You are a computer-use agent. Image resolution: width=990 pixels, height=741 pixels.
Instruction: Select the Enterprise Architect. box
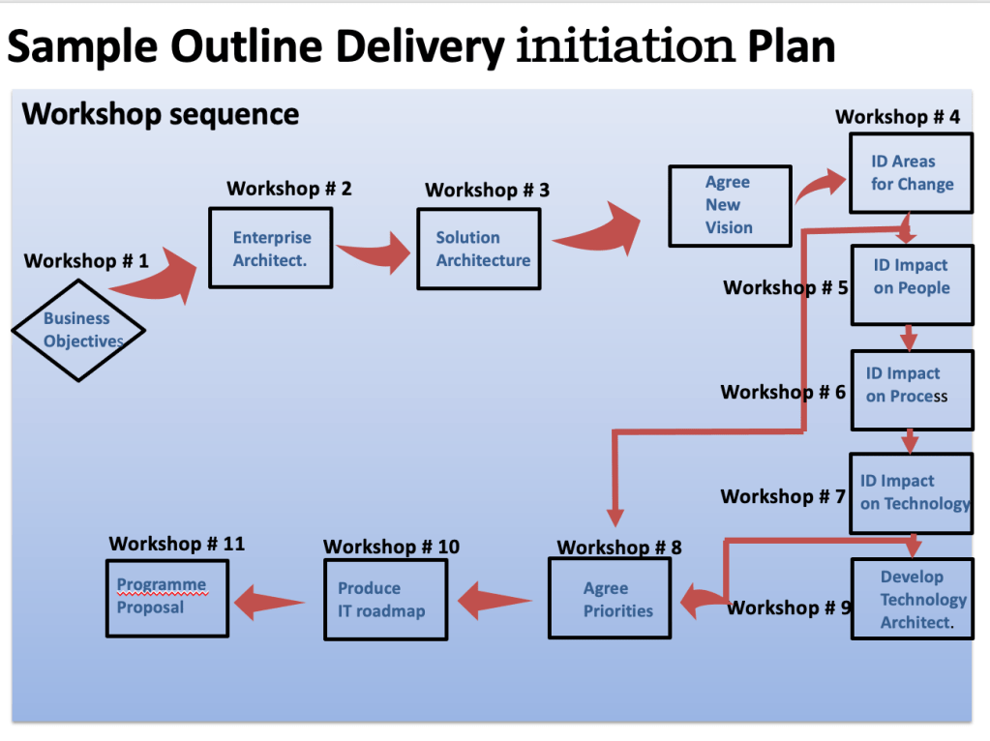pos(271,249)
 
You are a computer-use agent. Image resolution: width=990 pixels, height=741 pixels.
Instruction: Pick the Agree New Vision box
pos(730,205)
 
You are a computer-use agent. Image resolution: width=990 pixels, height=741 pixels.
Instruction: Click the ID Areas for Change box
pos(911,173)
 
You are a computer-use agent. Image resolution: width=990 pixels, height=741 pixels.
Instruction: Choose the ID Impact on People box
pos(912,284)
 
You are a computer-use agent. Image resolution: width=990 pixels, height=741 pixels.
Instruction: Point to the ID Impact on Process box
pos(912,390)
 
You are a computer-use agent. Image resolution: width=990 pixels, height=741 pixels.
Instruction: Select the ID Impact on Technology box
pos(912,492)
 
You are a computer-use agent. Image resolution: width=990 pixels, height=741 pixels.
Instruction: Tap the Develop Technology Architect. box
pos(912,599)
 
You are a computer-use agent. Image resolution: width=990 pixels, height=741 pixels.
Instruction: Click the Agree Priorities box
pos(610,600)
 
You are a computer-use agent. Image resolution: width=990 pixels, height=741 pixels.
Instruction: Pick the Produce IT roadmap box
pos(385,600)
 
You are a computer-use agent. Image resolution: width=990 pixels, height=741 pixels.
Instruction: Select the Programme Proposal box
pos(167,597)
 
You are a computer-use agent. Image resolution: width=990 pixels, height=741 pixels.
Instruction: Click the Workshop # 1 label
pos(86,261)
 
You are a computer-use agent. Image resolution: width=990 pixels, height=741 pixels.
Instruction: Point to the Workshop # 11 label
pos(176,544)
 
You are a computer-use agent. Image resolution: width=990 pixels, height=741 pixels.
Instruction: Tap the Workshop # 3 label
pos(487,191)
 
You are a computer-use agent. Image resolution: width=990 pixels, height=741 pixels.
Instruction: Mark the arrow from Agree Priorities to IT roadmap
pos(494,603)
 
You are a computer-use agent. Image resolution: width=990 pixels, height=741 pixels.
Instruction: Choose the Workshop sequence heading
pos(161,114)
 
